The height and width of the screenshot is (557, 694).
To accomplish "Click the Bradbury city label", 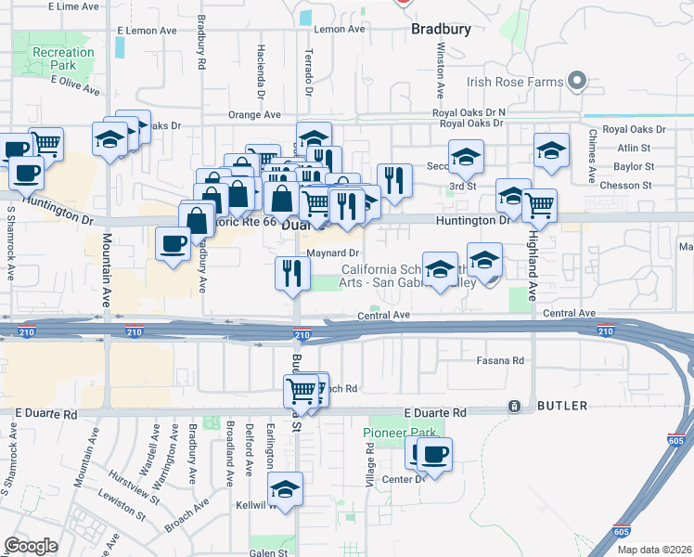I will pyautogui.click(x=441, y=29).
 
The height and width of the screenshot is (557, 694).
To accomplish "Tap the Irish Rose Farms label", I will pyautogui.click(x=516, y=82).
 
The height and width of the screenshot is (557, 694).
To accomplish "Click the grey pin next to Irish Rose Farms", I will pyautogui.click(x=577, y=82).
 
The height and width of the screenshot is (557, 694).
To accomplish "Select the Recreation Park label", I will pyautogui.click(x=63, y=59).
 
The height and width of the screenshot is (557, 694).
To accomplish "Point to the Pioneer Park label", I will pyautogui.click(x=399, y=434).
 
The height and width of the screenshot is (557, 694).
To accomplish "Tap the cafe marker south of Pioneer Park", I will pyautogui.click(x=433, y=454).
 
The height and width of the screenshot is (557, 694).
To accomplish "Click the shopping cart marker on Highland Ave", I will pyautogui.click(x=539, y=204).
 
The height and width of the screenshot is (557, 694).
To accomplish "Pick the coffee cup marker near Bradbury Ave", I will pyautogui.click(x=173, y=244).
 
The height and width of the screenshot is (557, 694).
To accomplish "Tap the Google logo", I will pyautogui.click(x=31, y=546).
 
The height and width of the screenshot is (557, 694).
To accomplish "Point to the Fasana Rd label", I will pyautogui.click(x=500, y=359).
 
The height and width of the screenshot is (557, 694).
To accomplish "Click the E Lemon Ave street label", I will pyautogui.click(x=147, y=31).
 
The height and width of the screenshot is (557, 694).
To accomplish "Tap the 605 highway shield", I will pyautogui.click(x=621, y=532).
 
